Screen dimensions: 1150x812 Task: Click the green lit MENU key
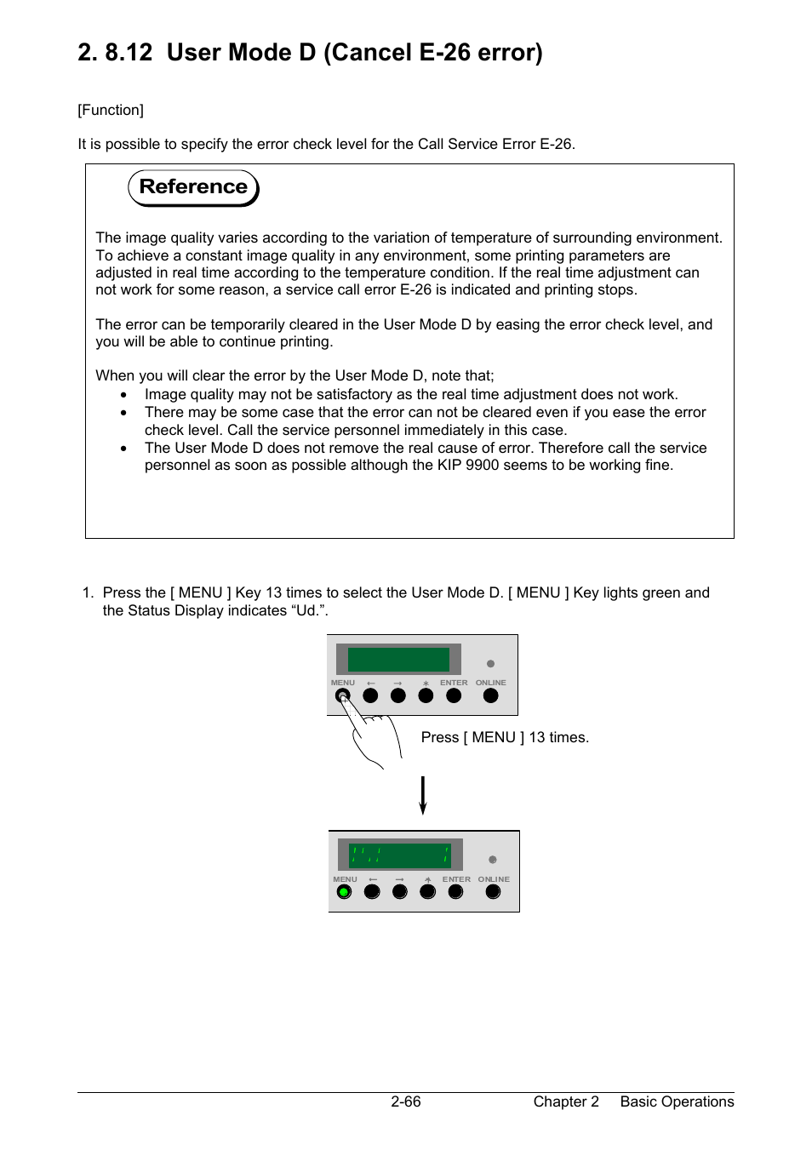[344, 892]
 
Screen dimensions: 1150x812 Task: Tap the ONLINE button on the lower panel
[493, 892]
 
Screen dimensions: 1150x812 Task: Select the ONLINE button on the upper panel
[490, 695]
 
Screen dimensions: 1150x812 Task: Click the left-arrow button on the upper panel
[370, 695]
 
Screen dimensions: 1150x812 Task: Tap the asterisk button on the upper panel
[426, 695]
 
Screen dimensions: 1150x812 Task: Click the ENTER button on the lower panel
[456, 892]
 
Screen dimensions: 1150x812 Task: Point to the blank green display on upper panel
[398, 660]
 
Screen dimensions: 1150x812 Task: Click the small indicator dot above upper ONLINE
[490, 664]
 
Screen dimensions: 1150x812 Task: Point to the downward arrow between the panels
[423, 795]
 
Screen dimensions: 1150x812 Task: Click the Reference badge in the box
[193, 187]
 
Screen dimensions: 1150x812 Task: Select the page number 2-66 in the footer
[406, 1101]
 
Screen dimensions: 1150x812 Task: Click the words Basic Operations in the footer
[677, 1101]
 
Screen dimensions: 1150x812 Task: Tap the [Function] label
[111, 110]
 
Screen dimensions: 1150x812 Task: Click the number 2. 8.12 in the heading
[115, 53]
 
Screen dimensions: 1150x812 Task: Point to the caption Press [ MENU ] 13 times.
[505, 737]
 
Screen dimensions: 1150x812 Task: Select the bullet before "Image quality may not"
[124, 395]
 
